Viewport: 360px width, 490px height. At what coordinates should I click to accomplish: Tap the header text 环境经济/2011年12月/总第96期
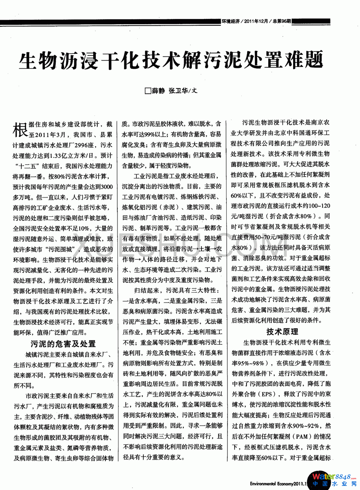[x=256, y=21]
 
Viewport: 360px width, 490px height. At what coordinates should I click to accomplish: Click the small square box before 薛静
[x=148, y=91]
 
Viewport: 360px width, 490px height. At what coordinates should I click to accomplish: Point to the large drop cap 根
[x=20, y=130]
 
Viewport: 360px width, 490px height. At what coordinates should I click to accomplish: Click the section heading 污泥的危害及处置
[x=63, y=344]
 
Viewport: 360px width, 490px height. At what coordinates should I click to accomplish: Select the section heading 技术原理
[x=282, y=332]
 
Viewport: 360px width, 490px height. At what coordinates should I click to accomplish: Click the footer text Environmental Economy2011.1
[x=278, y=484]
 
